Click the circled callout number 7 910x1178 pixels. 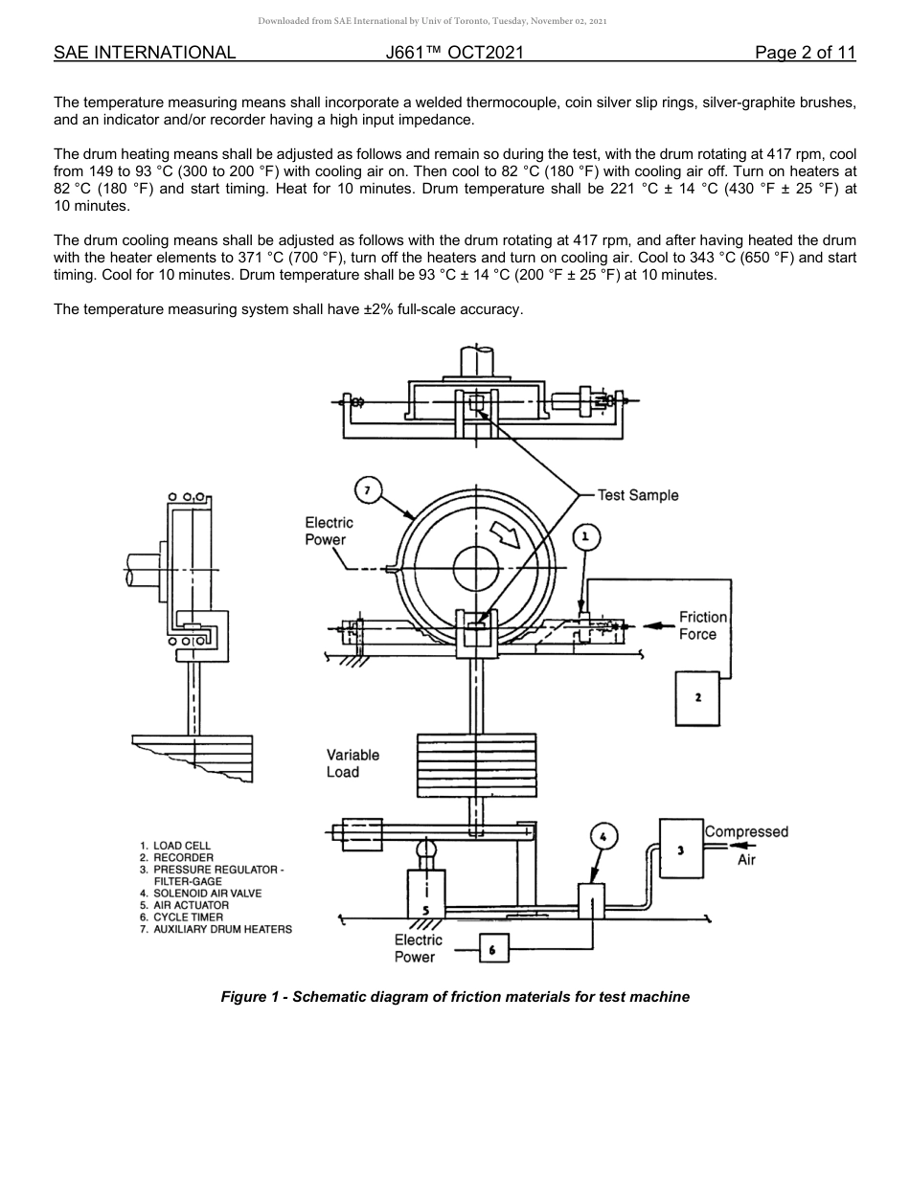tap(368, 491)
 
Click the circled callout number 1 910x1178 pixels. tap(586, 538)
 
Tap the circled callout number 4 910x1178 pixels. tap(603, 836)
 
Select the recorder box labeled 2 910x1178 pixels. tap(698, 697)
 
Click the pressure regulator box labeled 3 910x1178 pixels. tap(680, 849)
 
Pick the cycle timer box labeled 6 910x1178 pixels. tap(492, 948)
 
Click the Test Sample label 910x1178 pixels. tap(637, 495)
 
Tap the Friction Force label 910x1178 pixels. tap(703, 625)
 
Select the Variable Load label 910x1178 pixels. tap(353, 763)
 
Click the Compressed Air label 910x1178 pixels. tap(746, 845)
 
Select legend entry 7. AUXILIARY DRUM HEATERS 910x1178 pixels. tap(216, 929)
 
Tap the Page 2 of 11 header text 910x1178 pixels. tap(805, 53)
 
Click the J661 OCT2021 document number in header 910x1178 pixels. tap(454, 53)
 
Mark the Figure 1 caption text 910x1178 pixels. tap(455, 997)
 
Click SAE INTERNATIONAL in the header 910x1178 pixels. tap(145, 53)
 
